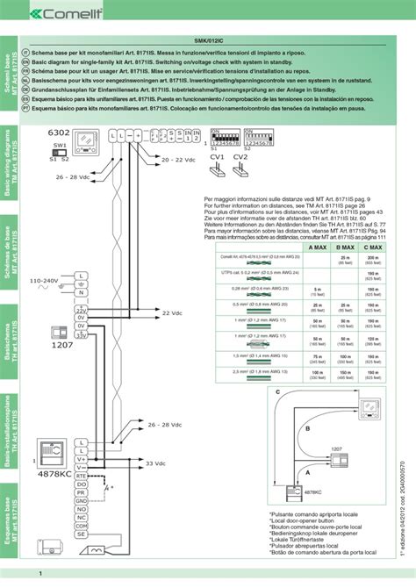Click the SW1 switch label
[x=60, y=144]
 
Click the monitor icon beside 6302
[x=88, y=141]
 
